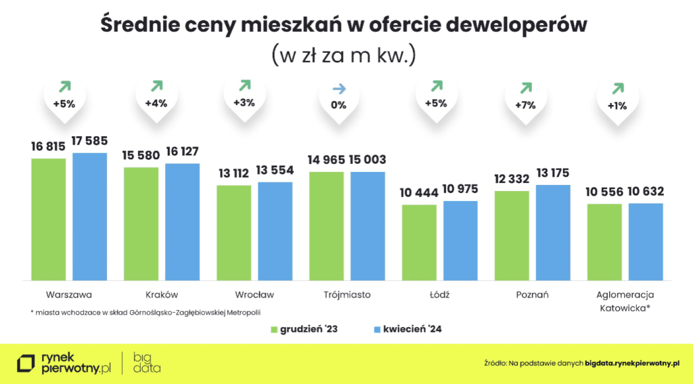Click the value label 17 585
(90, 143)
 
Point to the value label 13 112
(233, 172)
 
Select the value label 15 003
(367, 160)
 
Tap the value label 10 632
(646, 192)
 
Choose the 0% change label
(338, 105)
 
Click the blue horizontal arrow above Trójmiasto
(338, 89)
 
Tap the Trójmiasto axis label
(346, 295)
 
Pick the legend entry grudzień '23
(305, 330)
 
